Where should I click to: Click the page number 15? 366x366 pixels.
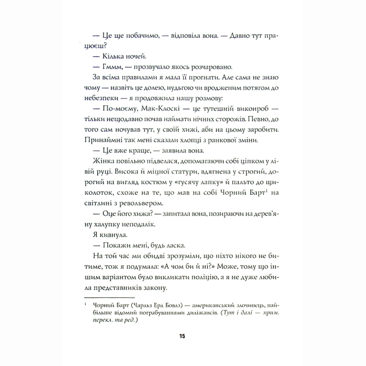(x=182, y=336)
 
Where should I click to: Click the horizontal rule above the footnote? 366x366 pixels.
(x=109, y=296)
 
